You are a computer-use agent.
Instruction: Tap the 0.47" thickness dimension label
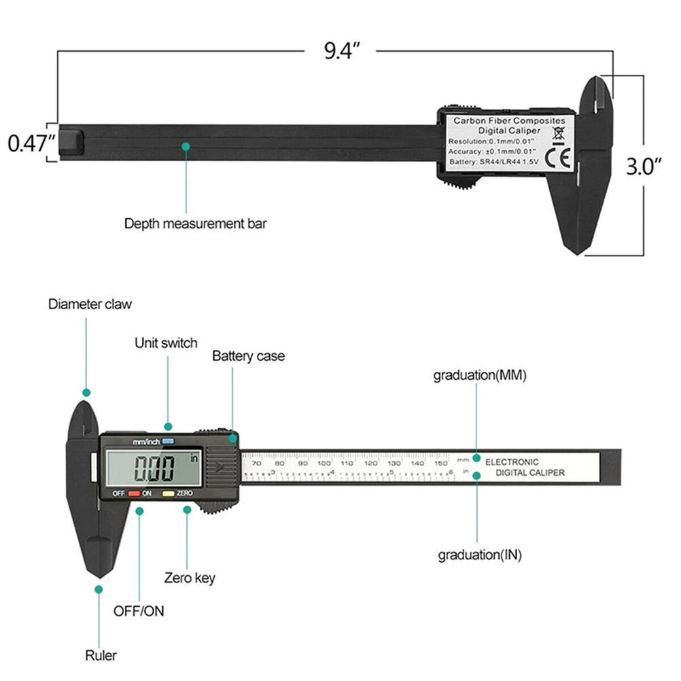(30, 143)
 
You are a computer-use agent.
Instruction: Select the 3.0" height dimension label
(643, 167)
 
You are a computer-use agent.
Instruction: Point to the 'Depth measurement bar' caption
(195, 223)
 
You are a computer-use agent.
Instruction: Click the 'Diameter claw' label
(90, 304)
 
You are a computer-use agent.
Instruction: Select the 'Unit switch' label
(166, 343)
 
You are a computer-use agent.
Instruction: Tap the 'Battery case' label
(248, 355)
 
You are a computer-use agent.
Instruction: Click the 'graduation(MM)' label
(480, 375)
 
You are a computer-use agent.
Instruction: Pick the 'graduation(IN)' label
(479, 555)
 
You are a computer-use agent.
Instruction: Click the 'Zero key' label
(190, 578)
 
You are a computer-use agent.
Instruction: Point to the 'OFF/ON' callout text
(139, 610)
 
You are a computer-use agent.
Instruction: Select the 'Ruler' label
(101, 656)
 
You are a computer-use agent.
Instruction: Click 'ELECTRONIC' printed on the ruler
(512, 462)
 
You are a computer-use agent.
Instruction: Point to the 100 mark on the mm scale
(324, 463)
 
